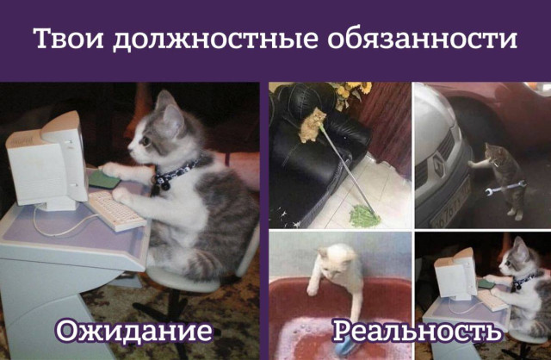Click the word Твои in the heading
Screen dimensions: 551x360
coord(69,38)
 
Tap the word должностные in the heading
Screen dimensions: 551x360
coord(215,40)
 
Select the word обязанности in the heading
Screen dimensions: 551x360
coord(422,38)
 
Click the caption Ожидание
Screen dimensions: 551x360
coord(133,331)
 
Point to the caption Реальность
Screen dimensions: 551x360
coord(417,332)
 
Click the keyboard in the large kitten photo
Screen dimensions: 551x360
coord(117,210)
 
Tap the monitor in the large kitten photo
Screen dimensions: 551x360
coord(48,161)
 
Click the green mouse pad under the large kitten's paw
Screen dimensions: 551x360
coord(104,179)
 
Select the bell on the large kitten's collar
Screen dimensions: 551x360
coord(164,184)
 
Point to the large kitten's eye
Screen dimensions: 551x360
coord(145,141)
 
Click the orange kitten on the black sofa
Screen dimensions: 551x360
coord(312,125)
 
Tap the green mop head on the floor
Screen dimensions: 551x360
coord(365,215)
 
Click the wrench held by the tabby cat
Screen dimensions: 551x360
coord(505,187)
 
